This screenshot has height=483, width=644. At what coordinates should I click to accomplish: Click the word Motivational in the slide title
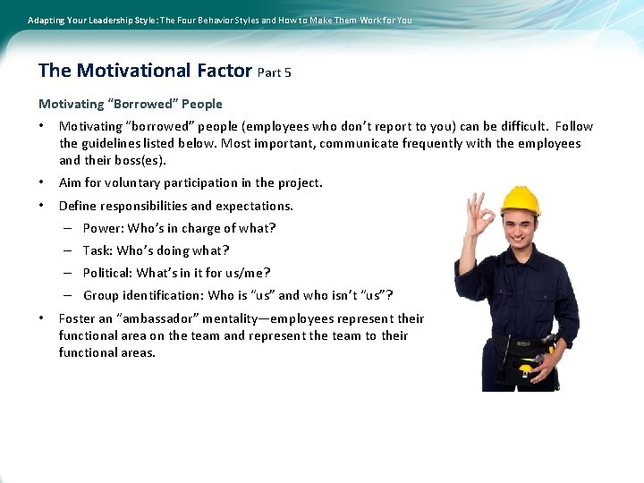(134, 71)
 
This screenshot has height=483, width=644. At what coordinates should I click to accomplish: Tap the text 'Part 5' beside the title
(274, 72)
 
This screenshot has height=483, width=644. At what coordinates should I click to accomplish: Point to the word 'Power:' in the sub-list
(103, 228)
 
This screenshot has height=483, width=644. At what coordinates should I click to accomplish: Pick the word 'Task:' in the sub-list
(98, 250)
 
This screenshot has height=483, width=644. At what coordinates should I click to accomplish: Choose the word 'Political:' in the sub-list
(107, 273)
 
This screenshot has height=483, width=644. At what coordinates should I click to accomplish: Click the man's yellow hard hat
(520, 199)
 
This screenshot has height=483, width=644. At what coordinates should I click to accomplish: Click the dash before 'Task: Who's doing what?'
(68, 250)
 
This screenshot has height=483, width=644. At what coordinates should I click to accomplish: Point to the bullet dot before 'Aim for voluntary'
(42, 182)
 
